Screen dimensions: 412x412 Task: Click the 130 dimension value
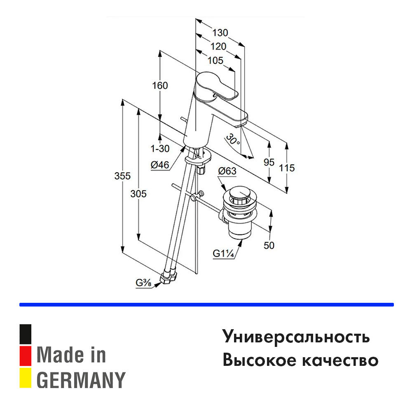click(x=220, y=33)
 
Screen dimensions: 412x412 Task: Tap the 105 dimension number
click(x=215, y=61)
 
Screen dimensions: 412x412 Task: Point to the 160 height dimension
click(x=160, y=86)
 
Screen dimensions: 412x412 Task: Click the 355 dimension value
click(x=123, y=176)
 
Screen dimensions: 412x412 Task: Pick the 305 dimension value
click(x=138, y=194)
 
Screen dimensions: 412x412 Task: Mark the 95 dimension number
click(x=269, y=162)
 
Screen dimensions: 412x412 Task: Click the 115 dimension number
click(x=287, y=168)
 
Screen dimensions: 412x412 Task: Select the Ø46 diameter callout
click(x=160, y=165)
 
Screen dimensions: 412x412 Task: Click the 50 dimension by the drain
click(x=269, y=246)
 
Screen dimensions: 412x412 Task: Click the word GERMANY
click(x=81, y=380)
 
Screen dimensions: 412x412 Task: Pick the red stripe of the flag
click(x=26, y=356)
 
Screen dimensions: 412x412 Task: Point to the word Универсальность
click(x=296, y=337)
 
